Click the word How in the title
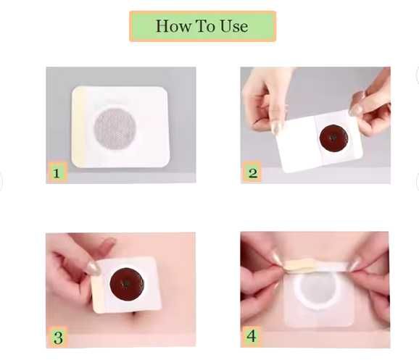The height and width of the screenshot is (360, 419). [x=174, y=26]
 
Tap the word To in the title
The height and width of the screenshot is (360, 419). [x=205, y=26]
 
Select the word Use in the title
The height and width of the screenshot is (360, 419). [x=234, y=26]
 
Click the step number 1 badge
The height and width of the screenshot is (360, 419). [x=57, y=172]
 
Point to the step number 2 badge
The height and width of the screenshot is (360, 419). [x=252, y=172]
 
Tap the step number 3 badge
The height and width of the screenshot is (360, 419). [x=58, y=337]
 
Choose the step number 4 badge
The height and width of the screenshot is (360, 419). [x=252, y=335]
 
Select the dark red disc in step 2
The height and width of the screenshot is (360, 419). [x=333, y=138]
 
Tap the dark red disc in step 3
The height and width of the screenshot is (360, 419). [x=127, y=285]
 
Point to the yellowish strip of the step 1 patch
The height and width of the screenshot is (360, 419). [x=78, y=127]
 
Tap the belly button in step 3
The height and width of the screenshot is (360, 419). [x=140, y=315]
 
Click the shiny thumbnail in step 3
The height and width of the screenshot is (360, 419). [x=94, y=268]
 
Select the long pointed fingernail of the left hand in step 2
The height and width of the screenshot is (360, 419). [x=275, y=127]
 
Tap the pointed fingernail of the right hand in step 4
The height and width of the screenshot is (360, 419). [x=353, y=266]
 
